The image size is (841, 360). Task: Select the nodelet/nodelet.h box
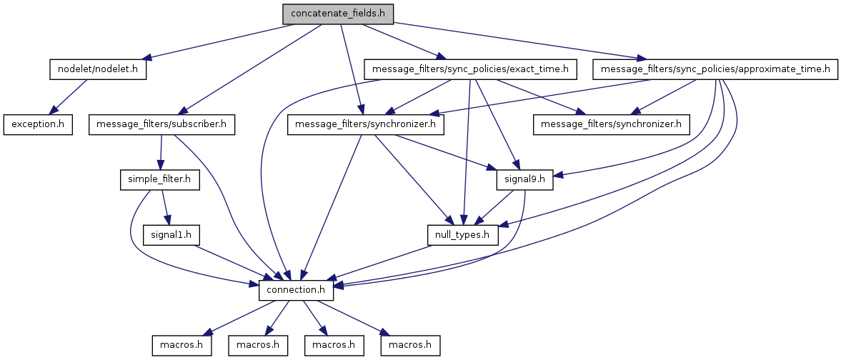coord(98,69)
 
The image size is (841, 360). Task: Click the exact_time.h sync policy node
coord(470,69)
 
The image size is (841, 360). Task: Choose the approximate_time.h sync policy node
coord(715,69)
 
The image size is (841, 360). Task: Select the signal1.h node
coord(171,234)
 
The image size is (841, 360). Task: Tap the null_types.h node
coord(462,234)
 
